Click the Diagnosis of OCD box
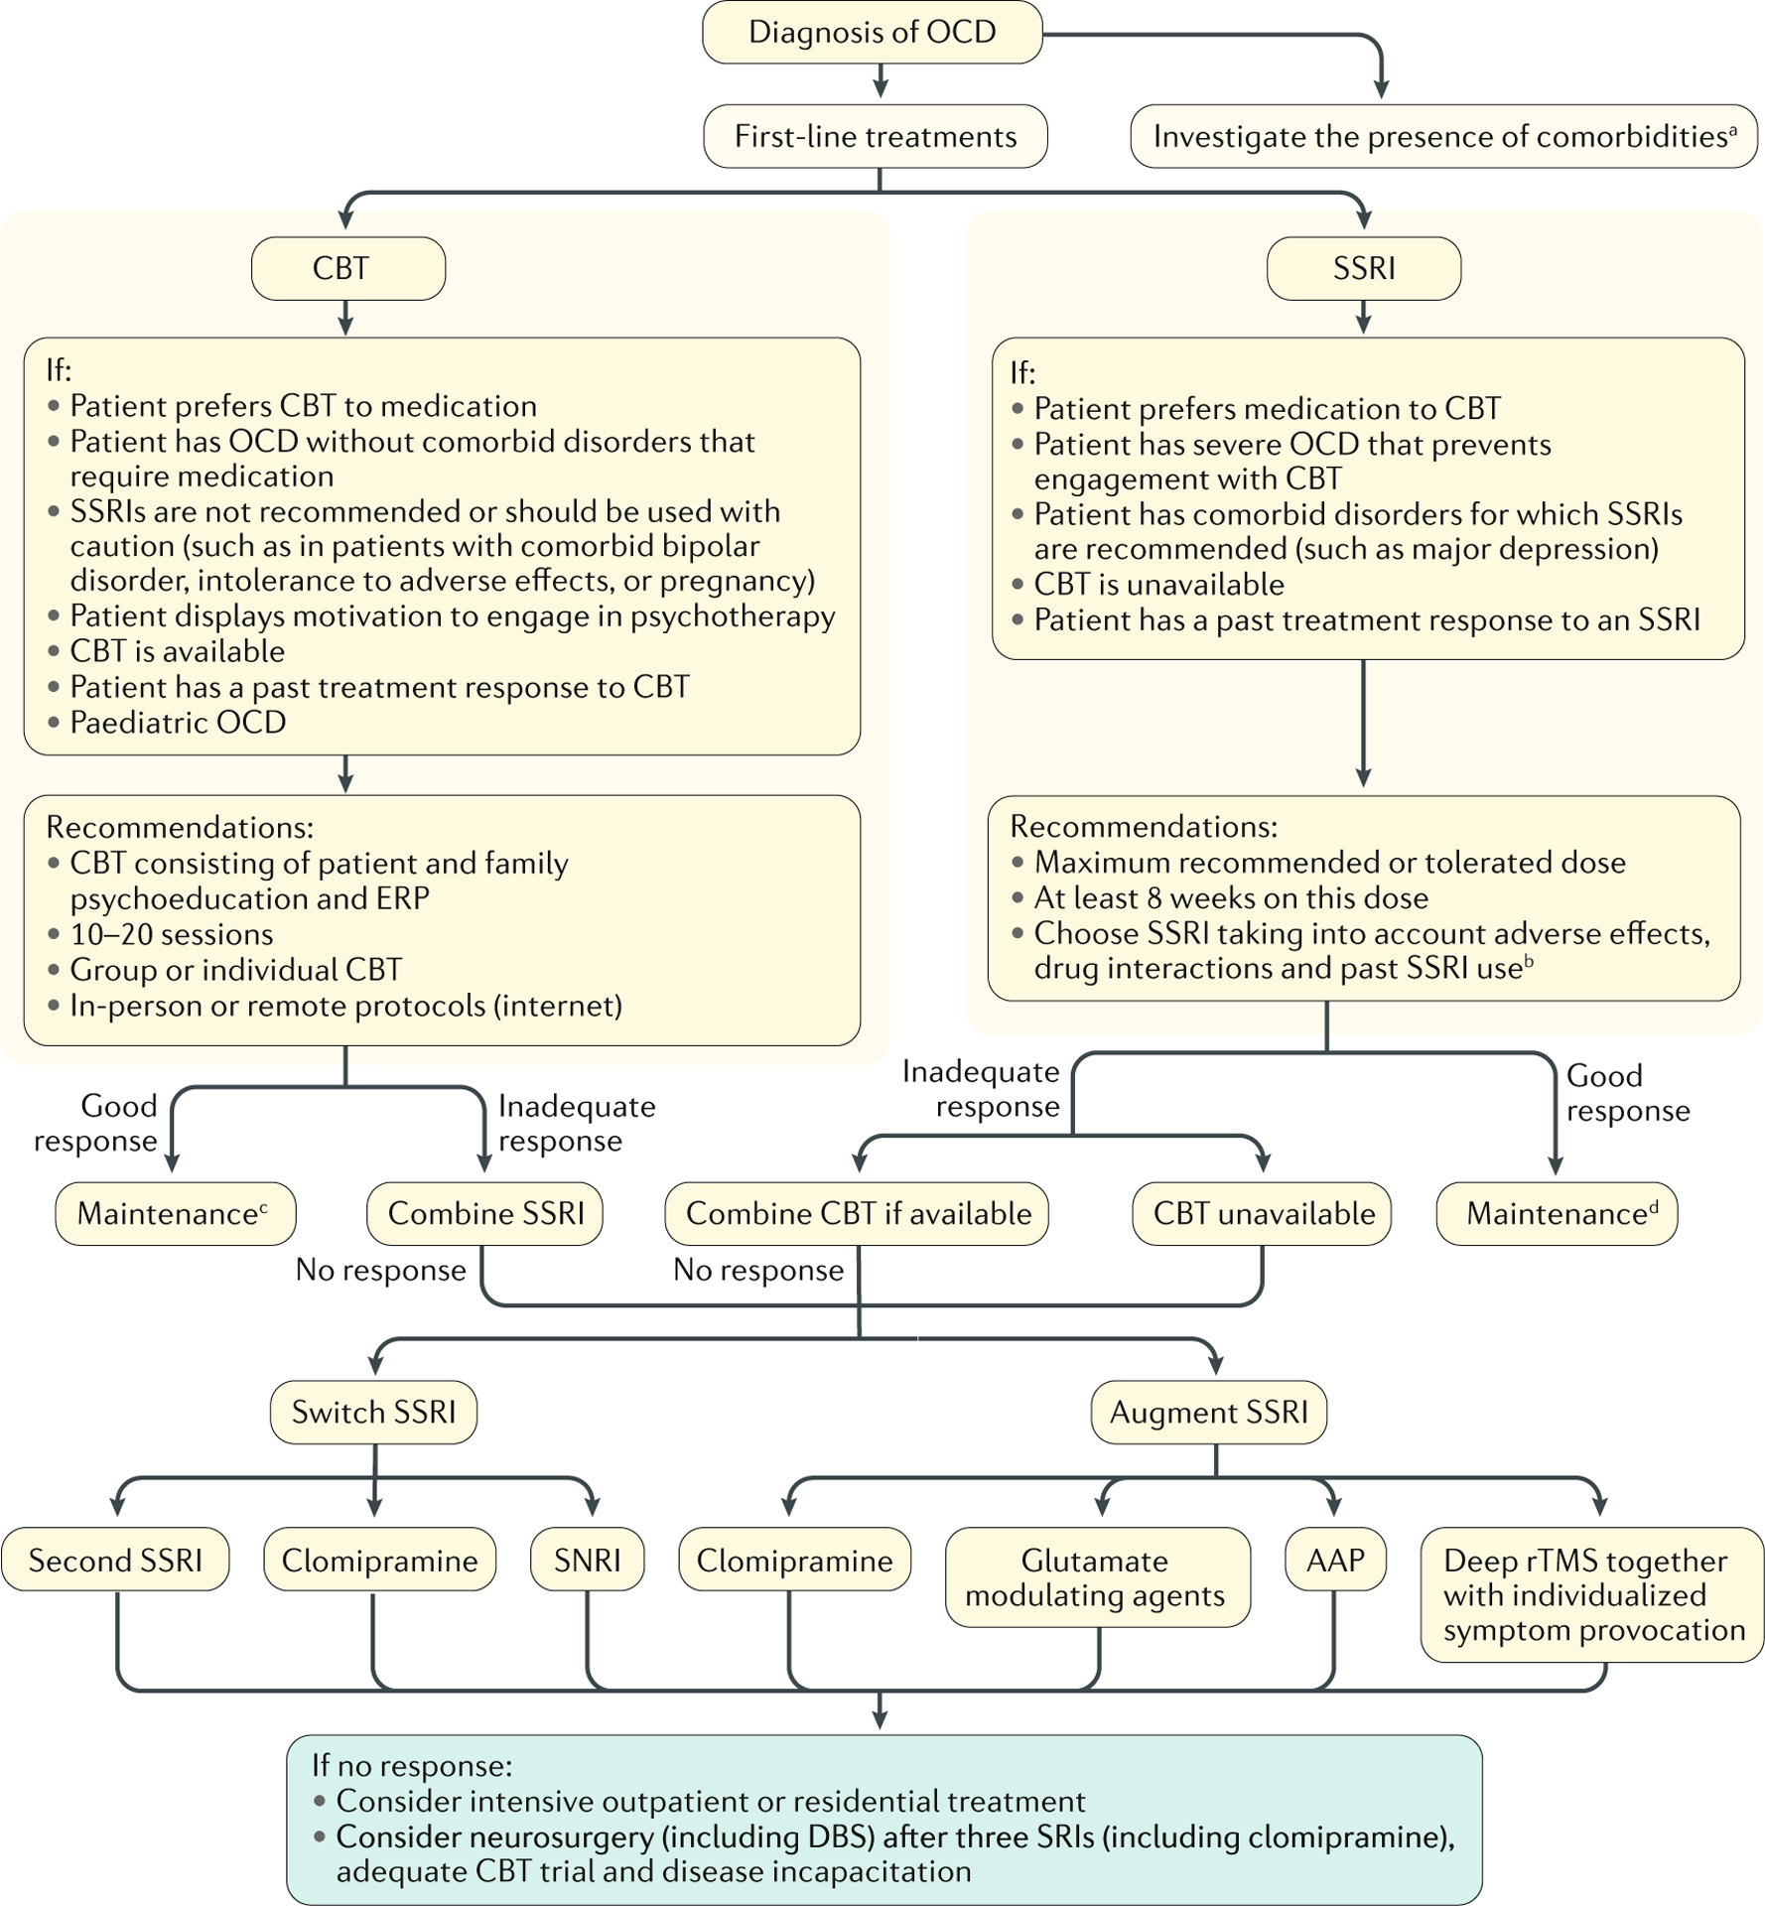pyautogui.click(x=872, y=33)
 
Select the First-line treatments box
pyautogui.click(x=875, y=137)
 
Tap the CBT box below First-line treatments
pyautogui.click(x=347, y=269)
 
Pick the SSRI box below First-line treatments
pyautogui.click(x=1363, y=269)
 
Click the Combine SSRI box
pyautogui.click(x=484, y=1213)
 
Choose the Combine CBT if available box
pyautogui.click(x=857, y=1213)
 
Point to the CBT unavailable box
pyautogui.click(x=1262, y=1213)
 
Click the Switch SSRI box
pyautogui.click(x=373, y=1412)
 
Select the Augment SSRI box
pyautogui.click(x=1208, y=1412)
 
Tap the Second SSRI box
pyautogui.click(x=115, y=1560)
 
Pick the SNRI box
pyautogui.click(x=587, y=1560)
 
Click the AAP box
pyautogui.click(x=1334, y=1560)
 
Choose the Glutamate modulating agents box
pyautogui.click(x=1096, y=1577)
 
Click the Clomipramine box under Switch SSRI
pyautogui.click(x=379, y=1560)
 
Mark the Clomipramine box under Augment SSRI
pyautogui.click(x=794, y=1560)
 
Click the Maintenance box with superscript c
pyautogui.click(x=175, y=1213)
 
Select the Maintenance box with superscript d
pyautogui.click(x=1557, y=1213)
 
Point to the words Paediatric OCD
pyautogui.click(x=178, y=722)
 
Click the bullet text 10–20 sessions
pyautogui.click(x=171, y=934)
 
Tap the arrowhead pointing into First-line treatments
pyautogui.click(x=880, y=90)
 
